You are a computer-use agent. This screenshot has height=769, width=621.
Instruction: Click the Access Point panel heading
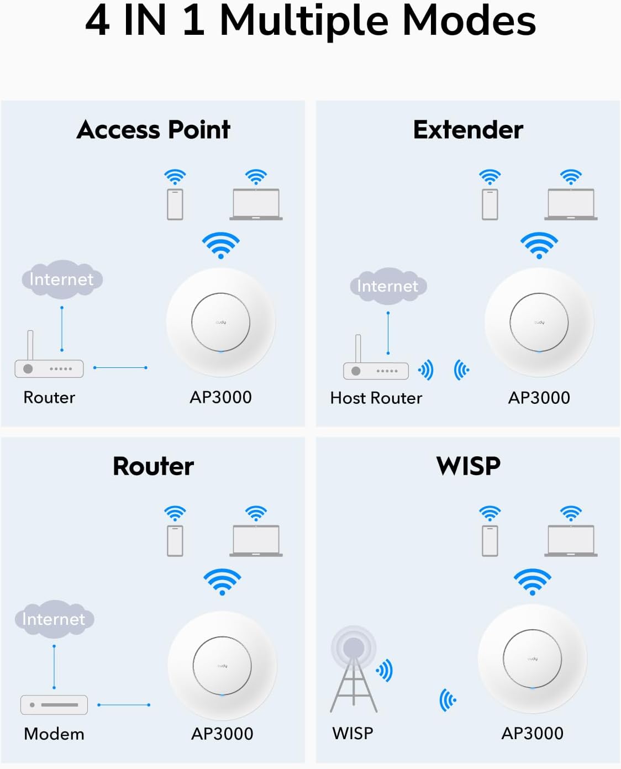pyautogui.click(x=154, y=130)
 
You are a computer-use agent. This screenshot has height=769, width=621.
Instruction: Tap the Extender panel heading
pyautogui.click(x=468, y=130)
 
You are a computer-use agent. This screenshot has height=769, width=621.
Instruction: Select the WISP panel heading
pyautogui.click(x=468, y=466)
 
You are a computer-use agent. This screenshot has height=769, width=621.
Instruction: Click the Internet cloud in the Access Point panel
pyautogui.click(x=62, y=279)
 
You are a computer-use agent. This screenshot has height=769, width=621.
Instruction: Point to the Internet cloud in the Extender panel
pyautogui.click(x=388, y=286)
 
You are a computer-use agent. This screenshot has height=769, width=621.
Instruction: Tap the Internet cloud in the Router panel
pyautogui.click(x=54, y=619)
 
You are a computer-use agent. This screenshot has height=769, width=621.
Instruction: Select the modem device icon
pyautogui.click(x=54, y=705)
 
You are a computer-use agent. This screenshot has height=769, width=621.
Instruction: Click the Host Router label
pyautogui.click(x=376, y=398)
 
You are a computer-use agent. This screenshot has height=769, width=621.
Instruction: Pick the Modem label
pyautogui.click(x=54, y=734)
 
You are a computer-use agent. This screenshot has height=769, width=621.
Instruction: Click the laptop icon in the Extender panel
pyautogui.click(x=571, y=204)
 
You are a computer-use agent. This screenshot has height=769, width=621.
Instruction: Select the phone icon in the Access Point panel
pyautogui.click(x=175, y=204)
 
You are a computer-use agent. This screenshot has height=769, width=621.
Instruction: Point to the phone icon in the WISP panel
pyautogui.click(x=490, y=540)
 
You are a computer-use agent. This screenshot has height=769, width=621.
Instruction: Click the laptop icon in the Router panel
pyautogui.click(x=256, y=540)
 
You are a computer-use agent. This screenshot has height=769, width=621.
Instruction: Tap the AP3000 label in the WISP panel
pyautogui.click(x=532, y=733)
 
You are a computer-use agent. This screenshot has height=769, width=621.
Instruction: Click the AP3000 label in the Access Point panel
pyautogui.click(x=220, y=397)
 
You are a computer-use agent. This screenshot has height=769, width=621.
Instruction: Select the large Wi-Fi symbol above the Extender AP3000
pyautogui.click(x=539, y=245)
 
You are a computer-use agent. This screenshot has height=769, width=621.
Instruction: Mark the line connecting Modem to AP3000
pyautogui.click(x=124, y=705)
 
